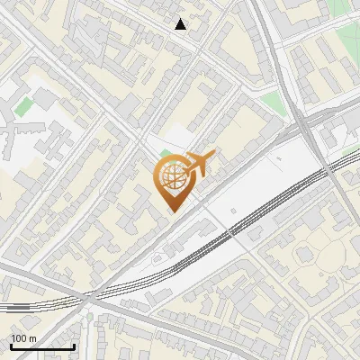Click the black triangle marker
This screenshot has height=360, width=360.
(182, 24)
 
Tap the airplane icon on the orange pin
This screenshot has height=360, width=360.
(198, 164)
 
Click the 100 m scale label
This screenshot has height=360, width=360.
(24, 338)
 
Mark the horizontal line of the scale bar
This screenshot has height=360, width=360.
(42, 346)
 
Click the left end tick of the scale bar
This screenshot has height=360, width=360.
(11, 345)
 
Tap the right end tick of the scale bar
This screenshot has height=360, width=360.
(74, 345)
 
